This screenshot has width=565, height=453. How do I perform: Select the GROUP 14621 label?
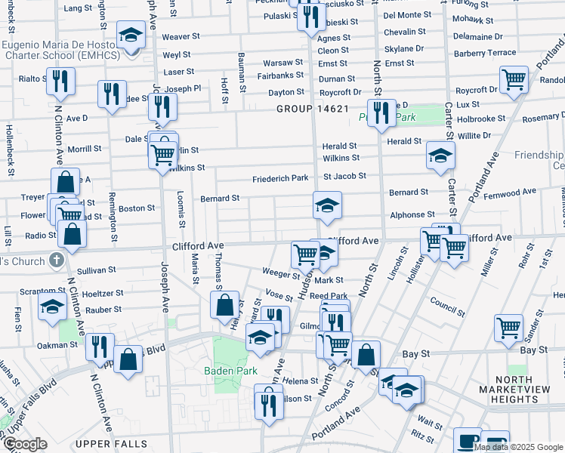coord(312,109)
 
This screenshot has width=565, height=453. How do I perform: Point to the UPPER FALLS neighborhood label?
coord(116,443)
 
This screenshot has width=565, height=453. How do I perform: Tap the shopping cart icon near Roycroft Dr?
coord(514,79)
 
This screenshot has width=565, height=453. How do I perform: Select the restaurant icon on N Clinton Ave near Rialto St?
coord(60,80)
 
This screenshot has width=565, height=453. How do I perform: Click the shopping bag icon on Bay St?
coord(366,353)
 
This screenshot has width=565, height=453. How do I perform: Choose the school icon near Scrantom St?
coord(52,306)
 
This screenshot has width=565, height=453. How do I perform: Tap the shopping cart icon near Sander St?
coord(509,327)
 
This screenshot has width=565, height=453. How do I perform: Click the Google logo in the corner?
coord(24,444)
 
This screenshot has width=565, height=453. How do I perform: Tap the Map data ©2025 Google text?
coord(517,447)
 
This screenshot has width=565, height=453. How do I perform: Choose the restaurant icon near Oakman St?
coord(100,346)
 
